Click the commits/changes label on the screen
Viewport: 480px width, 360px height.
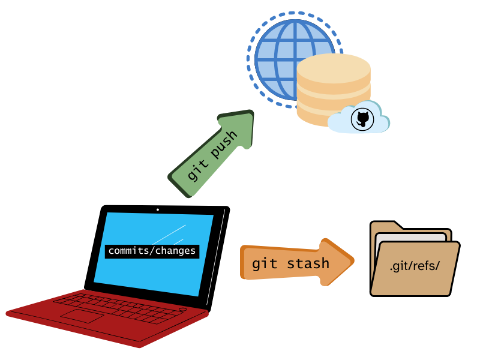tap(152, 251)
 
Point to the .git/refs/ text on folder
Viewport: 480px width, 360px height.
tap(415, 266)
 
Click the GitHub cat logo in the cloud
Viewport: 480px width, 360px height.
tap(362, 118)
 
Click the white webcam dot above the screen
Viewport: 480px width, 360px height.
tap(158, 209)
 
